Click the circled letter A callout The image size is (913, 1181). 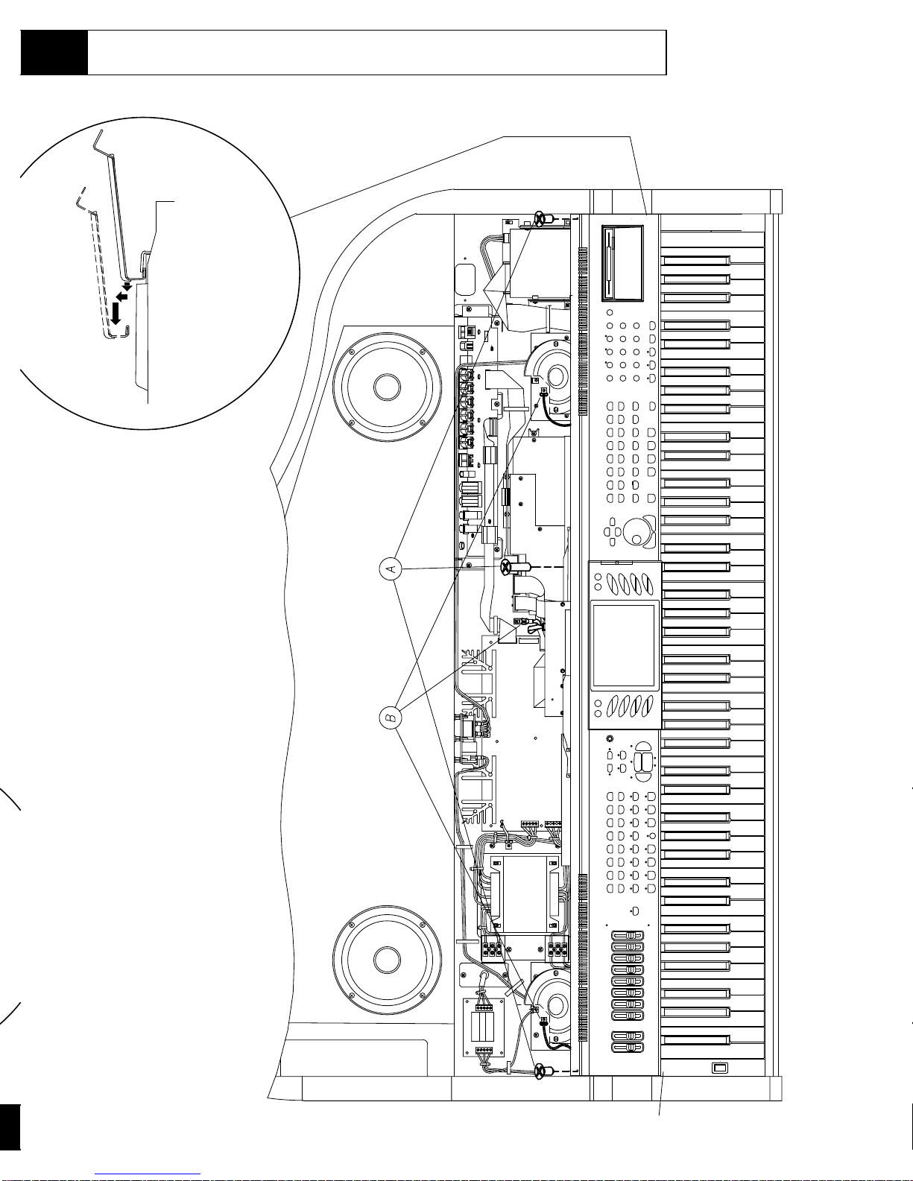point(390,570)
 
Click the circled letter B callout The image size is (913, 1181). point(390,718)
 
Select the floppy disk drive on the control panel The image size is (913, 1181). point(622,264)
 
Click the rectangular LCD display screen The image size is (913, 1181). point(623,645)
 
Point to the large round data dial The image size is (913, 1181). point(636,532)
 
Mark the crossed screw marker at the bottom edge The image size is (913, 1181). point(538,1071)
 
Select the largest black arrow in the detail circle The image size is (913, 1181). point(115,314)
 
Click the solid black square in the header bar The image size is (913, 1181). point(54,53)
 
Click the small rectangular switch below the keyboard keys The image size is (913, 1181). point(719,1068)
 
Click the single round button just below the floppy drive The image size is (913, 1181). point(609,313)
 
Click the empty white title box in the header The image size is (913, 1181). point(376,53)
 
